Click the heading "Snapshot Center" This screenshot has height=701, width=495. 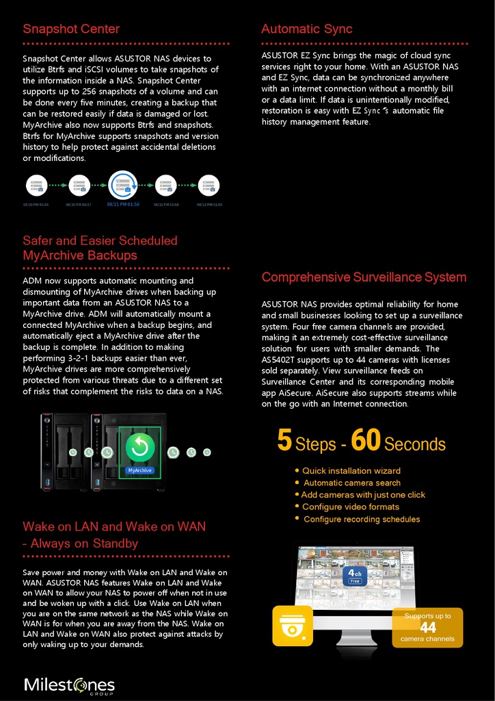pos(71,29)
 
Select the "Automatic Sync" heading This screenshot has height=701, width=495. pos(307,29)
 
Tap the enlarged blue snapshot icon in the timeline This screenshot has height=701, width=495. pos(123,185)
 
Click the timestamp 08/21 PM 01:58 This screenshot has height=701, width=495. pos(123,204)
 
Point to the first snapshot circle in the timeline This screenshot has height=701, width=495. pos(36,185)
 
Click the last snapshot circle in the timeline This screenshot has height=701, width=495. pos(209,185)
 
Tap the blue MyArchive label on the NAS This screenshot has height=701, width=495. pos(139,470)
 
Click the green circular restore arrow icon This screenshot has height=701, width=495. pos(139,447)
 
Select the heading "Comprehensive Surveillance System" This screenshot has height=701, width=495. pos(364,277)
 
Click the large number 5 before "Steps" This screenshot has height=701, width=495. pos(285,442)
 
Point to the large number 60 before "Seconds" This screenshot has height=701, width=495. pos(365,442)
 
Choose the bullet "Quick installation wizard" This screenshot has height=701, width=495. pos(351,471)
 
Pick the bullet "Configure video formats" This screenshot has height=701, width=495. pos(350,507)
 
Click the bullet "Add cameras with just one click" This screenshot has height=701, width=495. pos(362,495)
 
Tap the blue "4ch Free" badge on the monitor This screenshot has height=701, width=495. pos(355,576)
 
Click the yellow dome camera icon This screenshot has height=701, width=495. pos(293,626)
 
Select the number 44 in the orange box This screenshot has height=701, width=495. pos(427,628)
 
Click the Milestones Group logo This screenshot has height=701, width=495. pos(69,685)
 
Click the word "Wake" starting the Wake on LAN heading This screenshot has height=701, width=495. pos(39,527)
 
